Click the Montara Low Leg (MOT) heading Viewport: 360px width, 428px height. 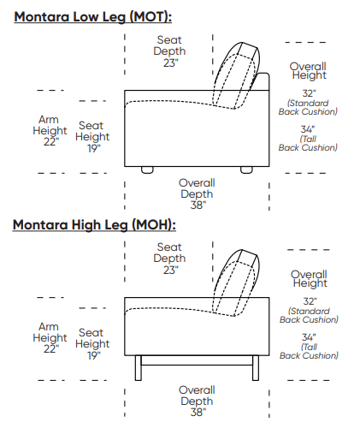tap(93, 17)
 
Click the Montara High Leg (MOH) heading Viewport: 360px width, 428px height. tap(94, 225)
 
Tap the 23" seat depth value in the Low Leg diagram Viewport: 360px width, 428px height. tap(170, 62)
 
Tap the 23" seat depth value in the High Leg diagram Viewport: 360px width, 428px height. tap(170, 270)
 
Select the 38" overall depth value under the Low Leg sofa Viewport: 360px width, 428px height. tap(198, 205)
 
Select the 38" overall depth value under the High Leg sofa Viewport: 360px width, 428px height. tap(198, 412)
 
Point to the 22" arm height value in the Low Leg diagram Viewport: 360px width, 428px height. tap(51, 141)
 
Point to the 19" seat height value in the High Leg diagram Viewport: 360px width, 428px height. tap(94, 355)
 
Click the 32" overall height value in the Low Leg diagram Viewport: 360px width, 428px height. tap(309, 93)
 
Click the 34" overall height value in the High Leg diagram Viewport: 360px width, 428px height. tap(309, 337)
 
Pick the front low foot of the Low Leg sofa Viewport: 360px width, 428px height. tap(147, 169)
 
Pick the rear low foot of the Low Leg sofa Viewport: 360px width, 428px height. tap(246, 169)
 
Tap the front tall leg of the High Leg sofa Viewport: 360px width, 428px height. tap(139, 368)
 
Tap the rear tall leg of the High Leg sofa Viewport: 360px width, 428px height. tap(256, 368)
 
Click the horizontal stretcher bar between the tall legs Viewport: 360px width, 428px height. tap(197, 360)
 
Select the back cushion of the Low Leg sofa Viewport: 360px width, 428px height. tap(237, 75)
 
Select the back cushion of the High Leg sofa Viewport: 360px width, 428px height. tap(237, 283)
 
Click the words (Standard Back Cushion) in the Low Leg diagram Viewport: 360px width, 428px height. tap(308, 107)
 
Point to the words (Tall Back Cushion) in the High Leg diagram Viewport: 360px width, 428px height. tap(309, 351)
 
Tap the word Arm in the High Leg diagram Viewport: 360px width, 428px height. tap(49, 326)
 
